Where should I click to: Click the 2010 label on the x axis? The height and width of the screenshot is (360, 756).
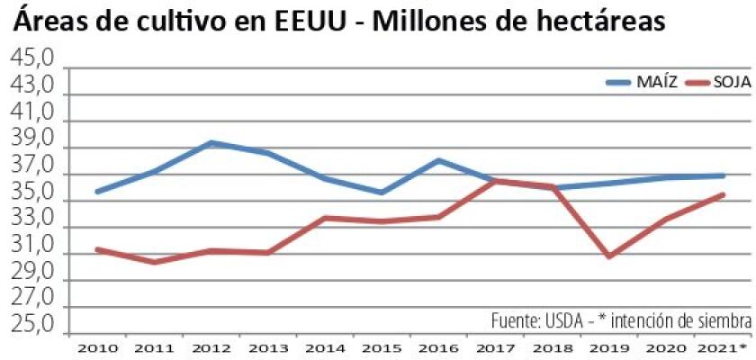coord(96,346)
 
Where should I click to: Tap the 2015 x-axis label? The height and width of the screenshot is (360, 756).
coord(382,346)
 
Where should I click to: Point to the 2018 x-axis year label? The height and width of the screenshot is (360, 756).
coord(553,346)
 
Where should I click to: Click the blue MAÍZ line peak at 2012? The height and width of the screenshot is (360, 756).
coord(211,142)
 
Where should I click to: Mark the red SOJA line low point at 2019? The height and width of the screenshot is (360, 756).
coord(609,256)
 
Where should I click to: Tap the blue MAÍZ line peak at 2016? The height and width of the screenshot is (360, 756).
coord(438,160)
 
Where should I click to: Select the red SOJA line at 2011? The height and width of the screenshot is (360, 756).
coord(154,262)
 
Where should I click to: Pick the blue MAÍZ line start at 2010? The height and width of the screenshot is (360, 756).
coord(97,192)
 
